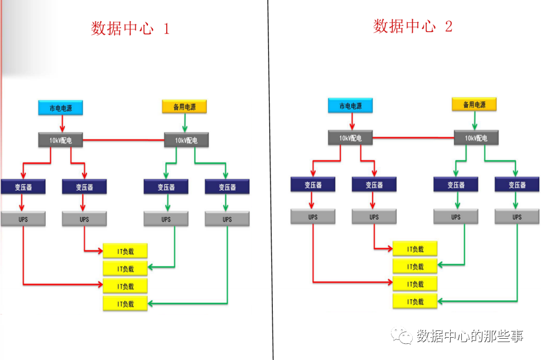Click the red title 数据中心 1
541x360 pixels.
click(130, 28)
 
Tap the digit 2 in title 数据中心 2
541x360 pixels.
click(449, 26)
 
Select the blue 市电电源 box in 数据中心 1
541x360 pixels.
click(60, 107)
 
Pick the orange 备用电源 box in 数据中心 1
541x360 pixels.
click(184, 107)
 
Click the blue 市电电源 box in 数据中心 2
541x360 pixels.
click(350, 105)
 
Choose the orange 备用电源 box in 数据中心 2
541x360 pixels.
click(474, 104)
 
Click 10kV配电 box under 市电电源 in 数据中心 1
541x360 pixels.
click(61, 141)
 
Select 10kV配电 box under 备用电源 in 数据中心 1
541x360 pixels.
click(186, 141)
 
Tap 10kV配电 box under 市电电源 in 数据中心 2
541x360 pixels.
click(350, 138)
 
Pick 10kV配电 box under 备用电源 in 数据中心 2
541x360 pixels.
click(476, 138)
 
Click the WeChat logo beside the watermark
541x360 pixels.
click(401, 335)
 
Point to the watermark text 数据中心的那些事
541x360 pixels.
click(470, 336)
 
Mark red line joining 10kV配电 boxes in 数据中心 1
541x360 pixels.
click(123, 140)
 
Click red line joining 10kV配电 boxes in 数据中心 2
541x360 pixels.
click(413, 137)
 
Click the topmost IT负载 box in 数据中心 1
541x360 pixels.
click(125, 251)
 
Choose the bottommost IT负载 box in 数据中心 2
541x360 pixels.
click(415, 301)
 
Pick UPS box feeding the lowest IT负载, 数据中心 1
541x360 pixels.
click(227, 219)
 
